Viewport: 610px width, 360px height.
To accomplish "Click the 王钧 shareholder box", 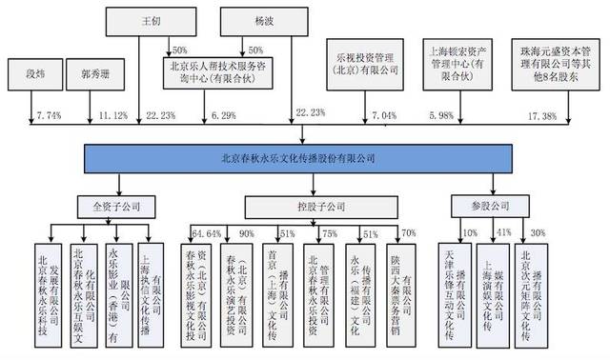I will (x=151, y=20).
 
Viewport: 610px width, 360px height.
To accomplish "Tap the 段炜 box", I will (x=33, y=71).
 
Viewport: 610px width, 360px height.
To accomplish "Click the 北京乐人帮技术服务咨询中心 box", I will (x=210, y=73).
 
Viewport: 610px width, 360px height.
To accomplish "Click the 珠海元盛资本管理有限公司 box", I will (x=559, y=73).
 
